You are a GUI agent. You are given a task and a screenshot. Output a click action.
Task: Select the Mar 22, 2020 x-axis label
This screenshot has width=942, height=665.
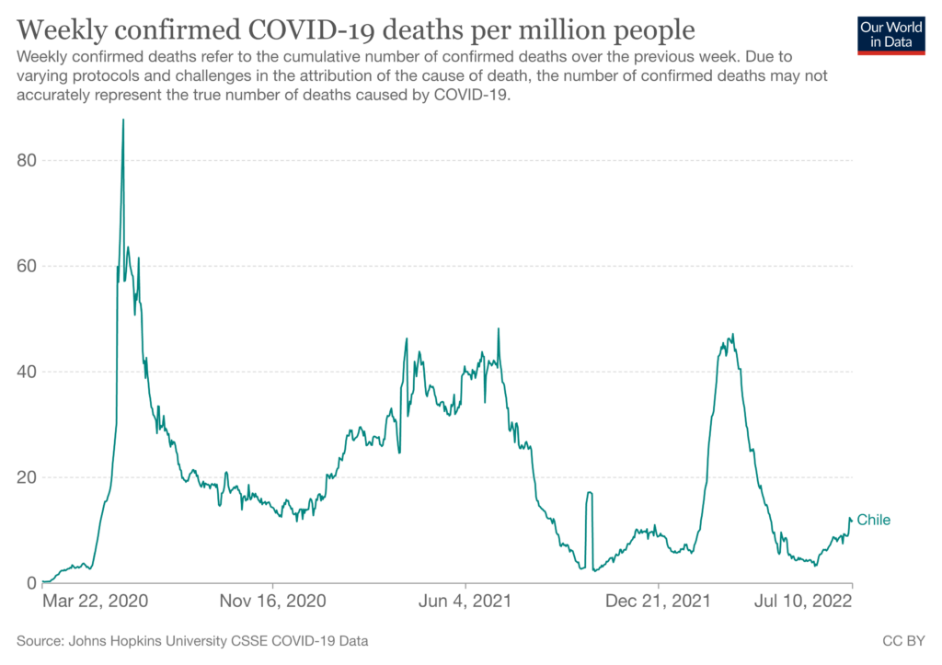(x=95, y=602)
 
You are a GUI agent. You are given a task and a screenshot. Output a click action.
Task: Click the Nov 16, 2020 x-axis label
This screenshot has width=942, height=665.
(x=274, y=602)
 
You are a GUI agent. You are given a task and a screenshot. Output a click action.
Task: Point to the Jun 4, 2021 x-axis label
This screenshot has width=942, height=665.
(x=466, y=602)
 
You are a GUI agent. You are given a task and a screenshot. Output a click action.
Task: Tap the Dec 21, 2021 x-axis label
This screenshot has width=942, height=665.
(x=659, y=602)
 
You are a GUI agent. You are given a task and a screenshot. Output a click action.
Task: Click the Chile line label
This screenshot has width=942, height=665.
(x=874, y=521)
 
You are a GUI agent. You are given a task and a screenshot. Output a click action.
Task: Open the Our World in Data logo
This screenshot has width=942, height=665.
(x=890, y=34)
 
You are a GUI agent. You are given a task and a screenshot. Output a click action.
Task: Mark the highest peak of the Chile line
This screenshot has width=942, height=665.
(x=123, y=120)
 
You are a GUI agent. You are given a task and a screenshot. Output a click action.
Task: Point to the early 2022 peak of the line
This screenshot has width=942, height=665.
(x=732, y=336)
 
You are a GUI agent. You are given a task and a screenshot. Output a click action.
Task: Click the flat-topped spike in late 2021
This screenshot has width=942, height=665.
(x=589, y=494)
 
